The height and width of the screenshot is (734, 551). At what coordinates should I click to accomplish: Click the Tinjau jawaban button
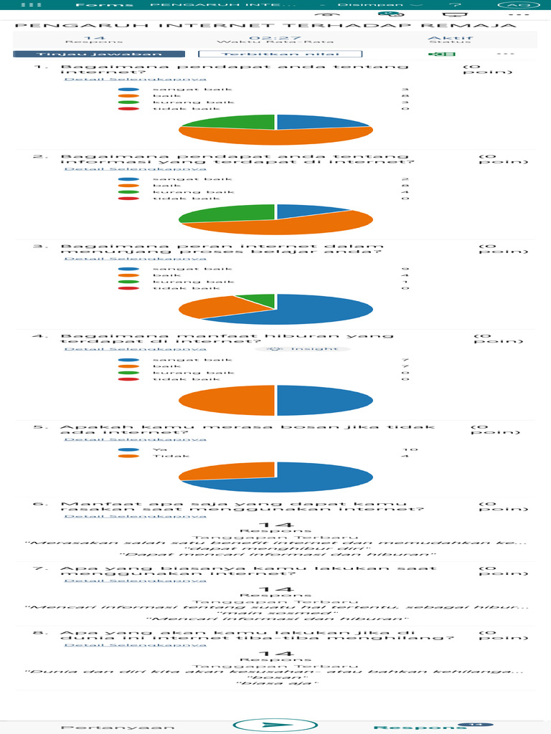tap(100, 54)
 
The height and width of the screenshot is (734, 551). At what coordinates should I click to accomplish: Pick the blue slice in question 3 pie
tap(323, 312)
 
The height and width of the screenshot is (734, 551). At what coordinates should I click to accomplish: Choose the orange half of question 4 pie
tap(228, 400)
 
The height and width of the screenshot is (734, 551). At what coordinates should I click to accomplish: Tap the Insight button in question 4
tap(307, 349)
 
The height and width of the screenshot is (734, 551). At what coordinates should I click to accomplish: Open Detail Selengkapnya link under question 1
tap(135, 79)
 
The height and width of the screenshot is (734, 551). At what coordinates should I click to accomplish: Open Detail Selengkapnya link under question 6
tap(135, 515)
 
